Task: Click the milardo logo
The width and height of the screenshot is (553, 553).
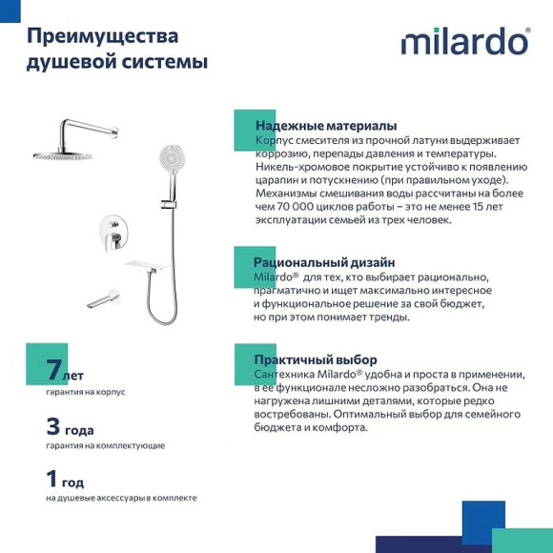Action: pyautogui.click(x=464, y=42)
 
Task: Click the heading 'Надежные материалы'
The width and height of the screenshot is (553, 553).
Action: pyautogui.click(x=325, y=126)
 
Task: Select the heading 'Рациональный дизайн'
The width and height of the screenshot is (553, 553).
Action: pyautogui.click(x=323, y=262)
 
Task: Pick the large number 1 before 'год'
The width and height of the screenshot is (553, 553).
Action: pyautogui.click(x=52, y=480)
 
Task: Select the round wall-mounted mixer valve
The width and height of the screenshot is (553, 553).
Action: pyautogui.click(x=110, y=230)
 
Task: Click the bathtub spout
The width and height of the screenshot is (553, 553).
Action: pyautogui.click(x=102, y=300)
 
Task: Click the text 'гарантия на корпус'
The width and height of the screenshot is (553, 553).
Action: pyautogui.click(x=86, y=392)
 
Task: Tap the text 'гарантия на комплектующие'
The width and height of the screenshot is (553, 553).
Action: pyautogui.click(x=105, y=445)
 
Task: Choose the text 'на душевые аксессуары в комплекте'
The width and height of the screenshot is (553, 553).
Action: pyautogui.click(x=121, y=498)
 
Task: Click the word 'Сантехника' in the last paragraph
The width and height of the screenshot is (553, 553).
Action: pyautogui.click(x=285, y=375)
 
